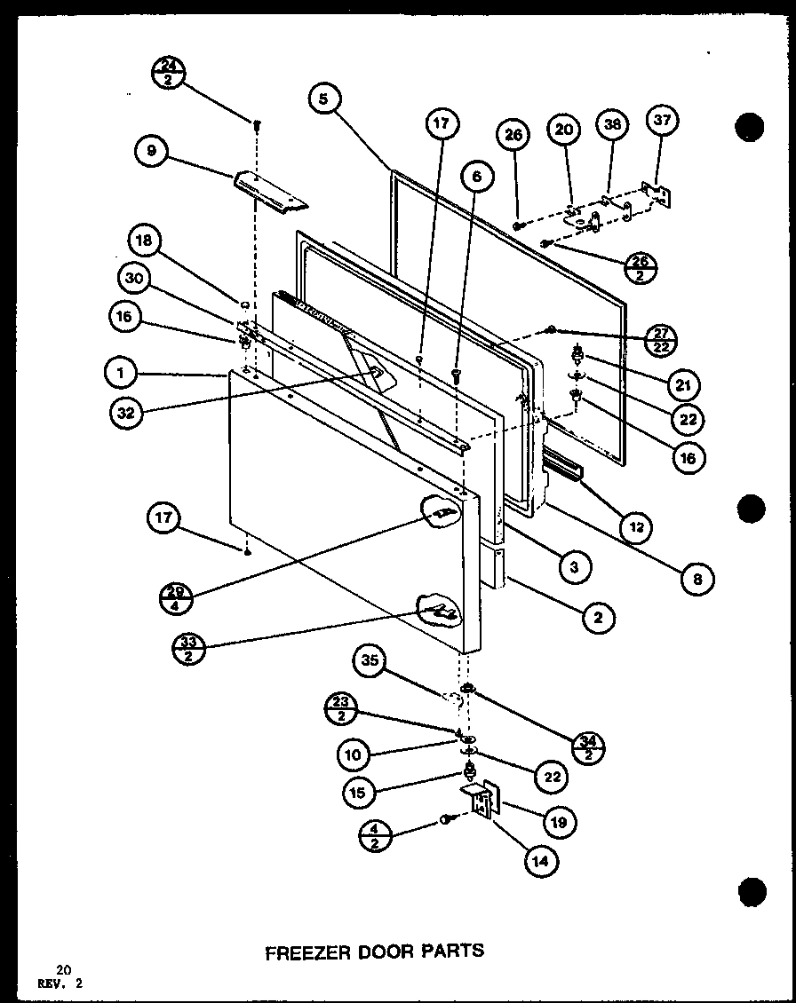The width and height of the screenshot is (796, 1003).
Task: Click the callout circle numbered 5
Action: click(325, 100)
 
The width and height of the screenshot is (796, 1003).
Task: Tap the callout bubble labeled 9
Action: click(152, 152)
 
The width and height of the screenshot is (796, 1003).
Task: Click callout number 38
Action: click(612, 126)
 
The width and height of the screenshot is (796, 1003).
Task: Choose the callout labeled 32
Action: click(130, 412)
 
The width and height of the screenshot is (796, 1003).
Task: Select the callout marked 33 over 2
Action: click(189, 649)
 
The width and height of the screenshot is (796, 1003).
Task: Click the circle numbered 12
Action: click(635, 527)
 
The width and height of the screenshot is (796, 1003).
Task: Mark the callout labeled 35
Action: click(370, 661)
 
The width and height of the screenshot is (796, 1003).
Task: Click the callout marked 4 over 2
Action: click(377, 836)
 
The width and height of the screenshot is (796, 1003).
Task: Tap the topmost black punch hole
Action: click(750, 127)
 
